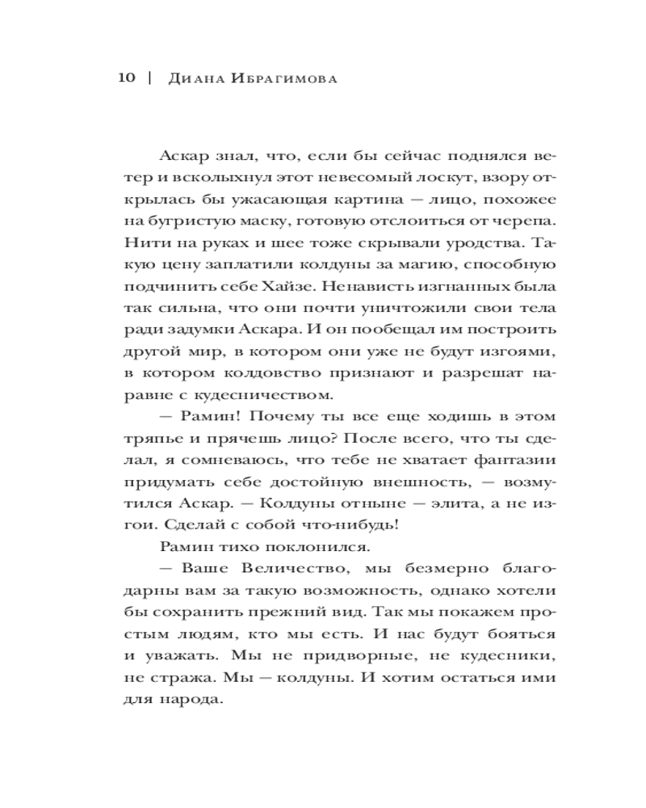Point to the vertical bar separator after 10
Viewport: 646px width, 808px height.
pos(150,78)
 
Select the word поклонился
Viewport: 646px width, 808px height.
pos(280,548)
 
